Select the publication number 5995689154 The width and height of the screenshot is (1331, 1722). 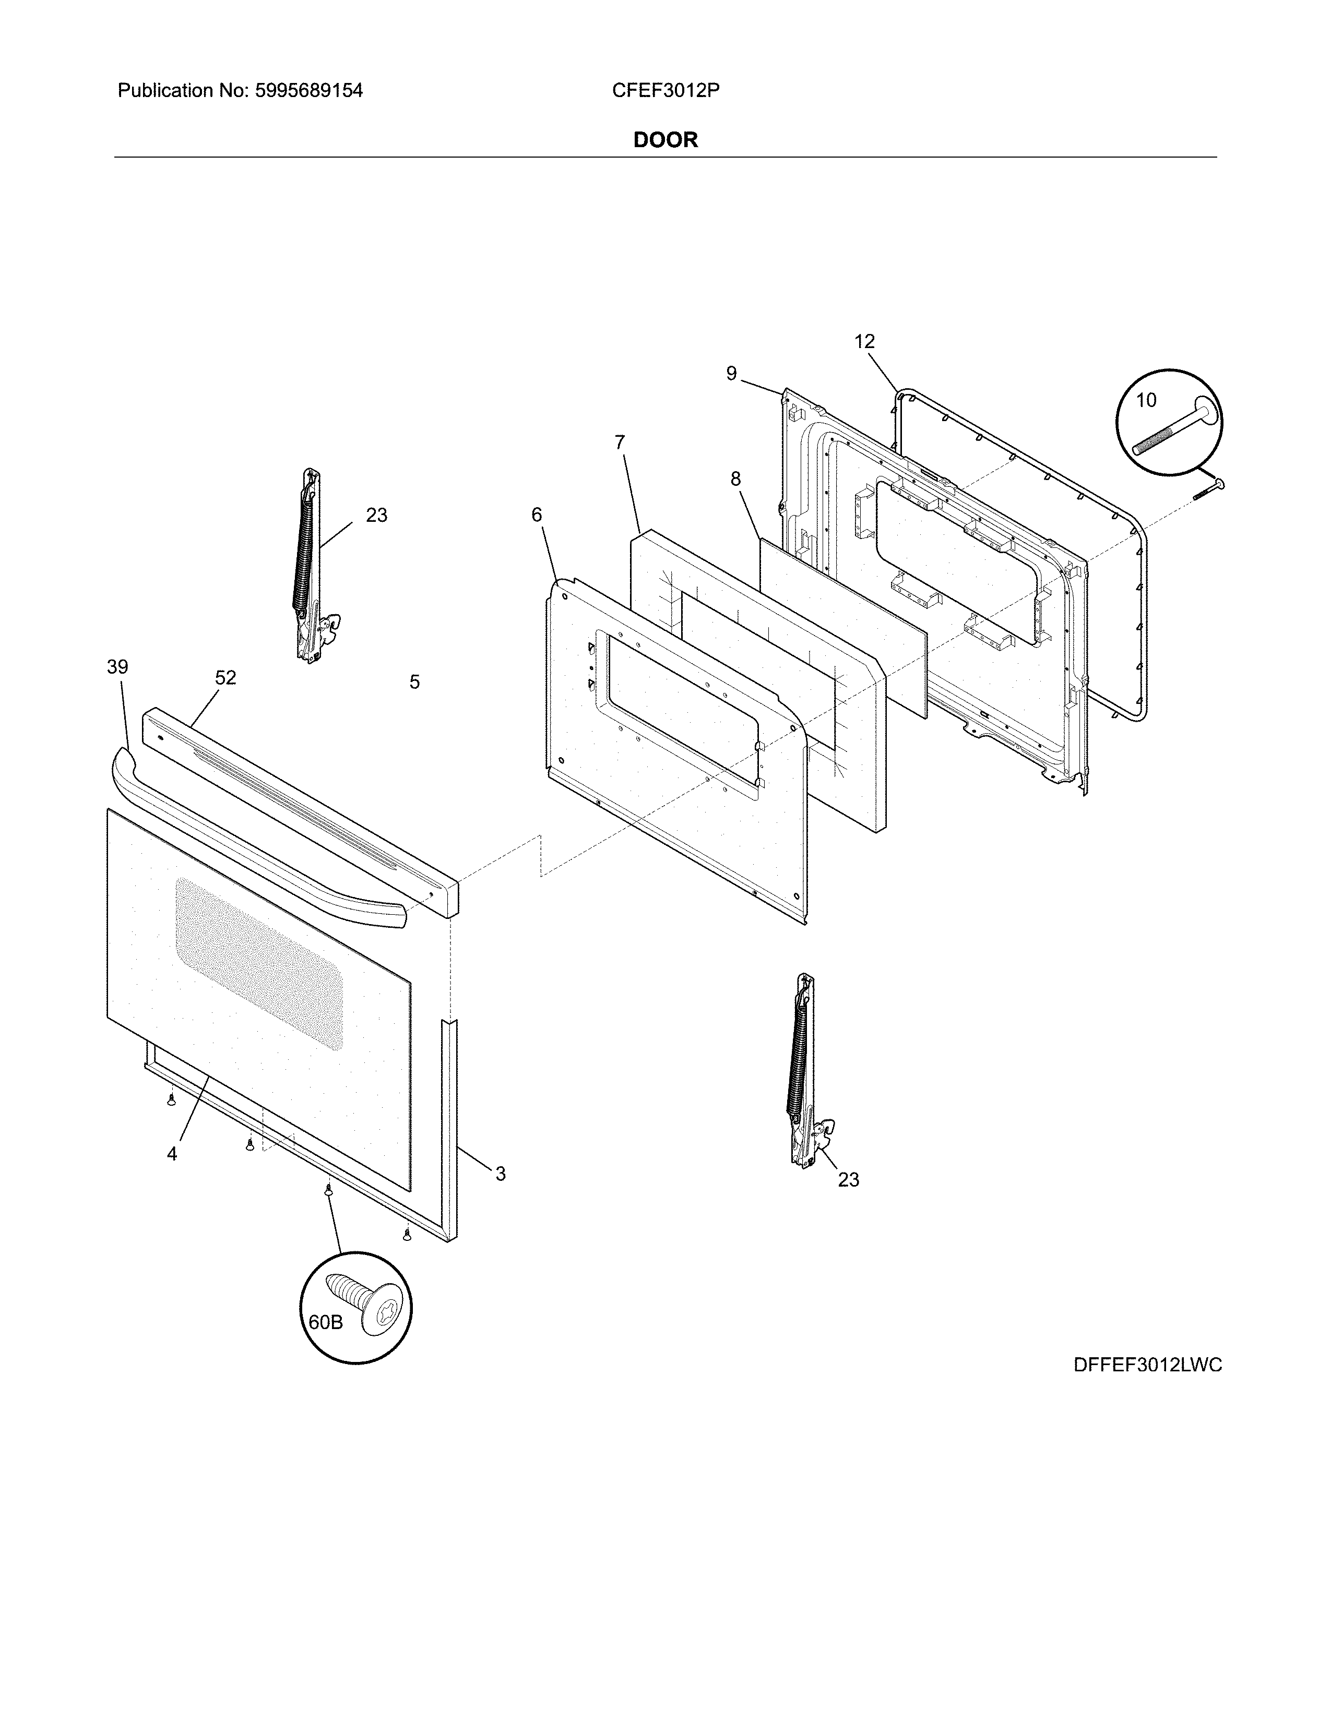click(x=308, y=91)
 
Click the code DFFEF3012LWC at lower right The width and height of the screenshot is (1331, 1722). click(x=1147, y=1365)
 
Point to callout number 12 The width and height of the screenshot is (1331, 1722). click(x=864, y=341)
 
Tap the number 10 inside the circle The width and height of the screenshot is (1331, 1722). click(x=1146, y=401)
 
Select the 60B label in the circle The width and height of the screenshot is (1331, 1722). click(x=325, y=1322)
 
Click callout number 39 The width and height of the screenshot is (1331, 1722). click(x=117, y=667)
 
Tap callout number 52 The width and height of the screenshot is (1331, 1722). click(x=225, y=678)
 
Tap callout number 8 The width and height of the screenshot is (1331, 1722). click(x=735, y=479)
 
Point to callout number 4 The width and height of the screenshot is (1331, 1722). click(x=172, y=1154)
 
